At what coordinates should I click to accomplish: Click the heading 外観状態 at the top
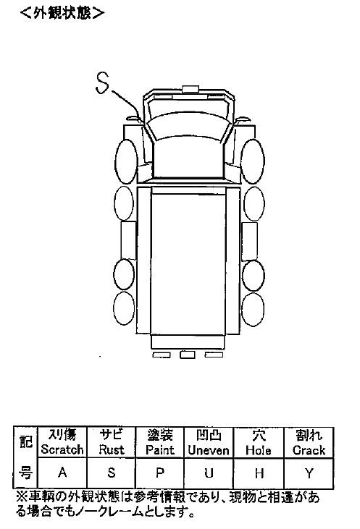tap(62, 13)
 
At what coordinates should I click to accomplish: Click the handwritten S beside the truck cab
tap(102, 82)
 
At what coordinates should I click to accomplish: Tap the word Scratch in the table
tap(62, 449)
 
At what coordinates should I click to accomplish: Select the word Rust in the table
tap(112, 449)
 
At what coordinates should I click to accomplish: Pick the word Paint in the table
tap(160, 449)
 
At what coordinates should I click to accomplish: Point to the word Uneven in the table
tap(209, 450)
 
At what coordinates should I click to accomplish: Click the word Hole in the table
tap(259, 450)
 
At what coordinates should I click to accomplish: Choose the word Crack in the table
tap(309, 450)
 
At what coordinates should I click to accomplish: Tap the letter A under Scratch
tap(62, 473)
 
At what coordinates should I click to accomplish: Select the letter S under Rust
tap(112, 473)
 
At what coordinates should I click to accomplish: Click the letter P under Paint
tap(160, 473)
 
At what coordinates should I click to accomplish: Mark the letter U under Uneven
tap(209, 473)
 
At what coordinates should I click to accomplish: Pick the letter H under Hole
tap(259, 473)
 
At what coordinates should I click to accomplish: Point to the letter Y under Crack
tap(309, 473)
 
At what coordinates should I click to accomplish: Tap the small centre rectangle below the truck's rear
tap(188, 355)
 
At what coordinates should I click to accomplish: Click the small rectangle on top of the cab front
tap(191, 89)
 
